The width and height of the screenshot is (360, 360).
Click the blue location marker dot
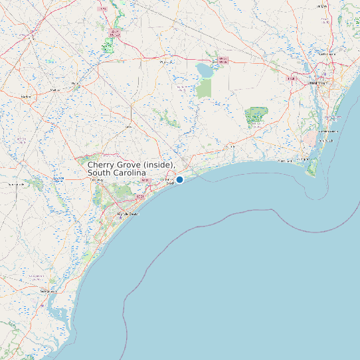click(x=179, y=179)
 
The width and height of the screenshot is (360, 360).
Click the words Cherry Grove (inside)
click(x=131, y=164)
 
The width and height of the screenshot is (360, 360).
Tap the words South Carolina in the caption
click(x=116, y=173)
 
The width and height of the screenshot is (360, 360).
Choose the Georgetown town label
click(x=47, y=291)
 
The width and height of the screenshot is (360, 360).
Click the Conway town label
click(x=97, y=179)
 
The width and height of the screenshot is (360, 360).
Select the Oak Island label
click(x=285, y=161)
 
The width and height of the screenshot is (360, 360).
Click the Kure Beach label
click(x=327, y=141)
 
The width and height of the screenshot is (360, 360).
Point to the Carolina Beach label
click(x=328, y=131)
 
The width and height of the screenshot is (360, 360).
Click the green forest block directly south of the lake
click(x=204, y=88)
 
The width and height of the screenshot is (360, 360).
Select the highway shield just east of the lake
click(x=223, y=60)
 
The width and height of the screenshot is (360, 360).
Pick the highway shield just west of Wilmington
click(x=290, y=79)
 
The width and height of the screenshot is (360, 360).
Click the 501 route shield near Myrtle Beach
click(x=139, y=197)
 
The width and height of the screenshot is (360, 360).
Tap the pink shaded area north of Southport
click(x=310, y=138)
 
